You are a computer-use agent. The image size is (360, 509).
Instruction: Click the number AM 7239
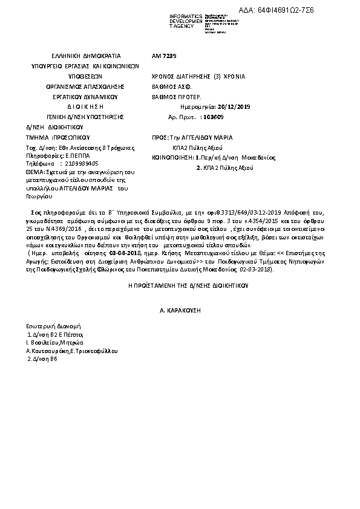164,56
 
